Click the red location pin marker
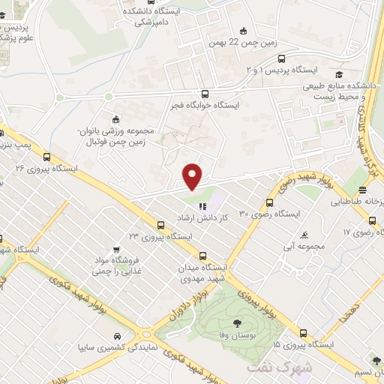click(x=193, y=177)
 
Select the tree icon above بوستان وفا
click(x=238, y=322)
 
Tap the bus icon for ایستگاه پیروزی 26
click(x=47, y=157)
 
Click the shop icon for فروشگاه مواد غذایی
click(x=116, y=249)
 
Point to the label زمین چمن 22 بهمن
click(x=244, y=42)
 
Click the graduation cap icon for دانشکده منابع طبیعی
click(x=339, y=74)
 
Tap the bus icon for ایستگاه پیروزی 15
click(x=303, y=333)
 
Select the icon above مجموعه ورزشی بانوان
click(x=115, y=118)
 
